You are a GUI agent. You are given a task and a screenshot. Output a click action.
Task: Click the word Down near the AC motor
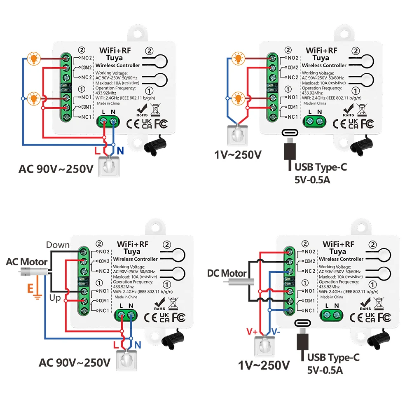click(58, 245)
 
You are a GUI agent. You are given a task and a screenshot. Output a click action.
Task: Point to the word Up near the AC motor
click(54, 297)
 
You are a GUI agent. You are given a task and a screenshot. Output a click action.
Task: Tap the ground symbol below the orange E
click(37, 295)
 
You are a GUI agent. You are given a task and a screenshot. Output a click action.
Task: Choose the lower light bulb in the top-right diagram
click(238, 98)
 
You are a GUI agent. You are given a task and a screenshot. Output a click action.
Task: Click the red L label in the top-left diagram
click(97, 151)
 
